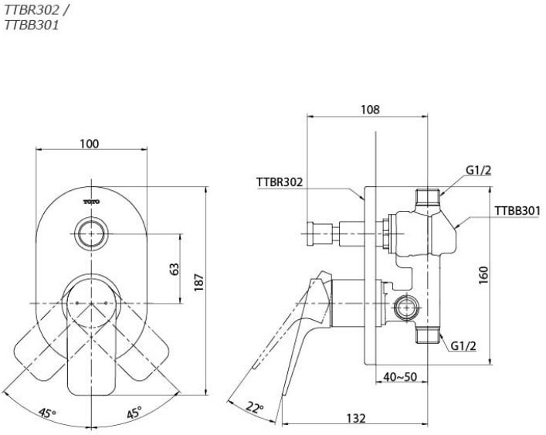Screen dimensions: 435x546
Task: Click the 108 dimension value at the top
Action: click(370, 110)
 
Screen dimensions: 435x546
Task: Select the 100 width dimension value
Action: click(90, 144)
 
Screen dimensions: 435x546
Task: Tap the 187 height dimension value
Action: click(198, 283)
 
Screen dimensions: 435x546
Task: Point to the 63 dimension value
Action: click(175, 269)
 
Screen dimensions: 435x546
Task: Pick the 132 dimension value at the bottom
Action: click(355, 417)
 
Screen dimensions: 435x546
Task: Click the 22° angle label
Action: click(256, 407)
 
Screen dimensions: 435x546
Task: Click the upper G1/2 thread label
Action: click(478, 170)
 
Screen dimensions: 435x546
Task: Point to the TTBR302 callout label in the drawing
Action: click(279, 182)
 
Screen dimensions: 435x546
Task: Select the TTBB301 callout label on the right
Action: click(517, 210)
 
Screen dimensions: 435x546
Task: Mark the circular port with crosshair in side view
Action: click(404, 308)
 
